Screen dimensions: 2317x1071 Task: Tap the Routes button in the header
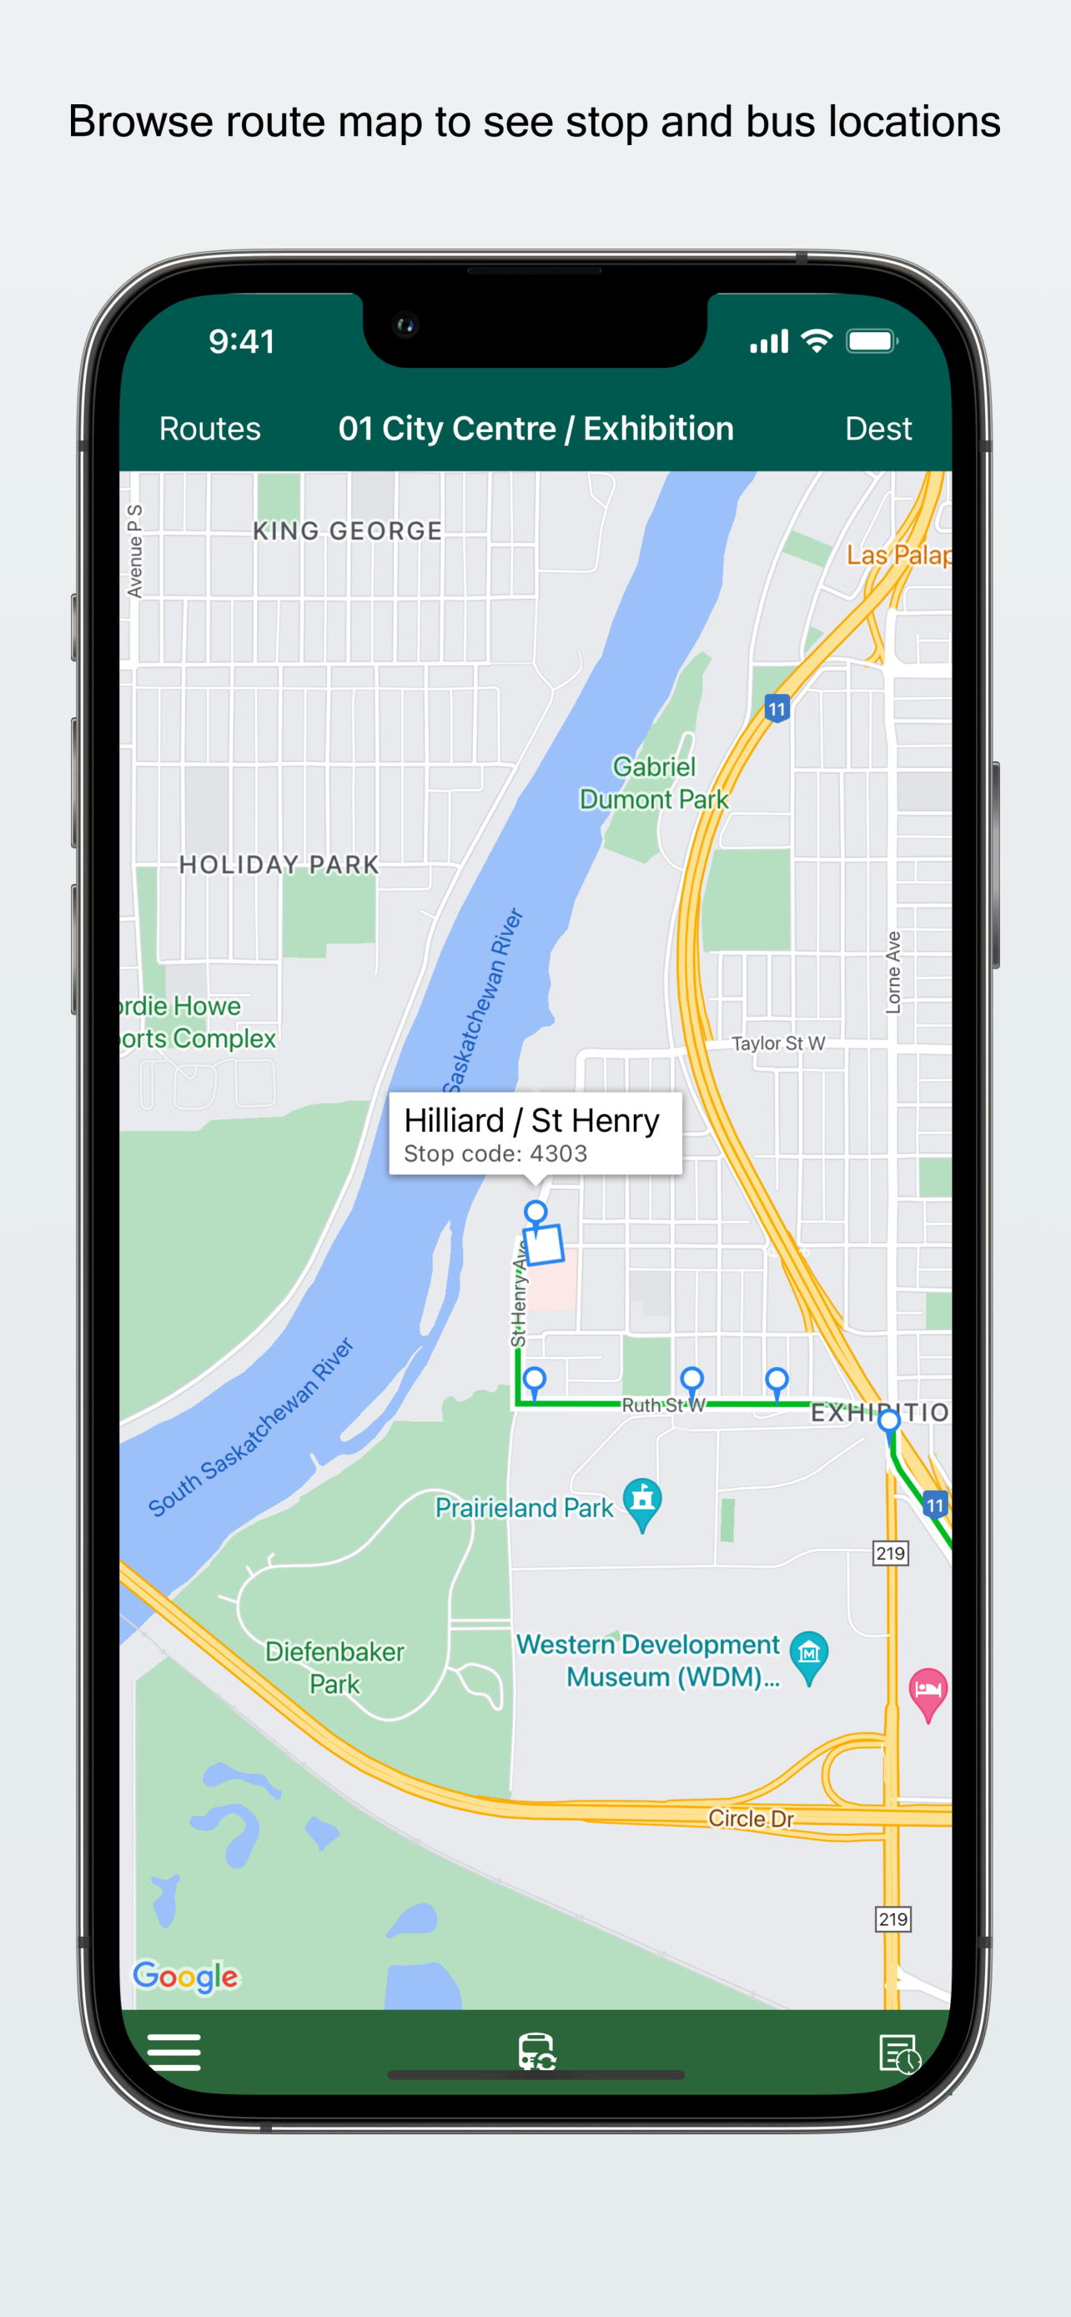[209, 429]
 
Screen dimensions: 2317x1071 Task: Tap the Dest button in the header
[877, 429]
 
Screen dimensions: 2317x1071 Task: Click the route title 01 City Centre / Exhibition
[536, 429]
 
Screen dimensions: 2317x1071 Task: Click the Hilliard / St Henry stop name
[531, 1121]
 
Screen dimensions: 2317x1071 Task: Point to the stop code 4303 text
[495, 1154]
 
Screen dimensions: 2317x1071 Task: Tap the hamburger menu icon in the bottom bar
[173, 2052]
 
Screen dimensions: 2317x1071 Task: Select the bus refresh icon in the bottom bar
[536, 2052]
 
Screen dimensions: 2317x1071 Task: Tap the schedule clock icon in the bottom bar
[898, 2053]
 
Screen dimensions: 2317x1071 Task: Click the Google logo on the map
[186, 1976]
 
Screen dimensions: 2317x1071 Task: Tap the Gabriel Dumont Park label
[654, 783]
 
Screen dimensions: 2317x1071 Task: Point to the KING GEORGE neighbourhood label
[347, 531]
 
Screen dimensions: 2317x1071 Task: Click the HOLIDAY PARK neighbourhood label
[279, 865]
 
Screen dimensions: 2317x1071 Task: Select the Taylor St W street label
[778, 1043]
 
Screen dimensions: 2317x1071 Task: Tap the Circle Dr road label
[751, 1819]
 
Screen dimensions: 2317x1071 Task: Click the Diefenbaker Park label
[334, 1667]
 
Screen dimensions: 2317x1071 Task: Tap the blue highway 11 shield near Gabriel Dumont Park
[777, 709]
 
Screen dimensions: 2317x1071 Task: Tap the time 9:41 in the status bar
[242, 342]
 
